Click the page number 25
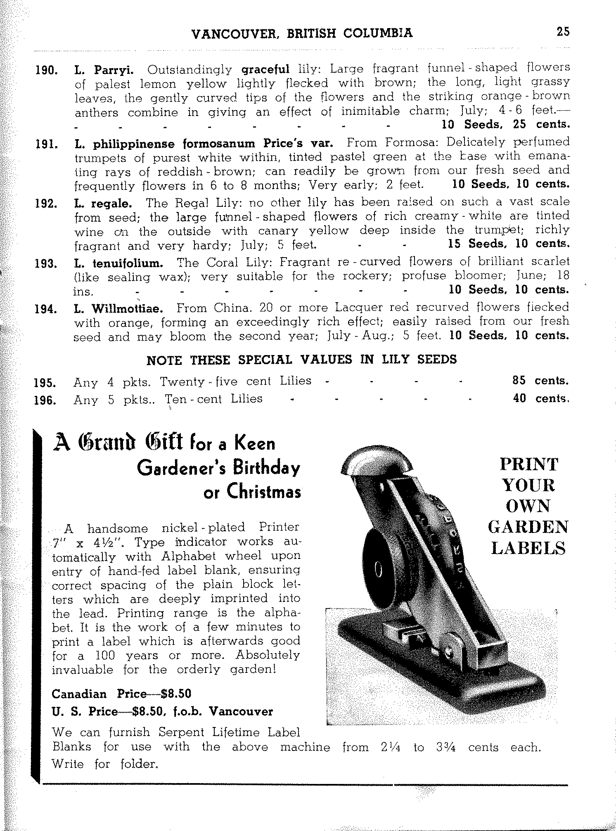pyautogui.click(x=563, y=32)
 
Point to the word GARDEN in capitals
pyautogui.click(x=528, y=527)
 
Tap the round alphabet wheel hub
pyautogui.click(x=377, y=571)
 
